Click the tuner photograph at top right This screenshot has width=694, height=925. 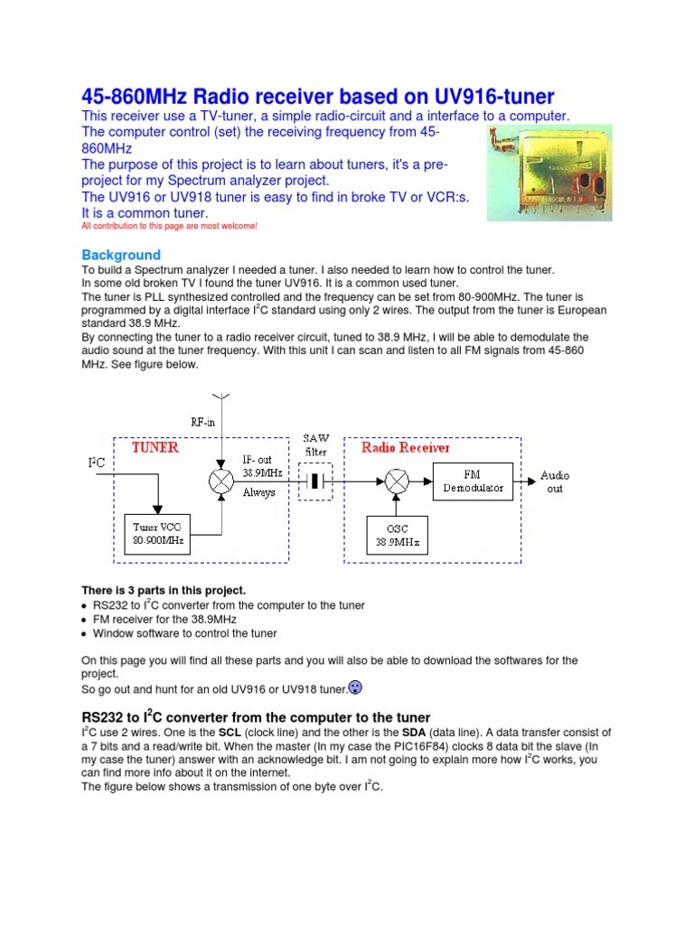tap(548, 172)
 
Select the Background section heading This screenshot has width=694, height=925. tap(121, 255)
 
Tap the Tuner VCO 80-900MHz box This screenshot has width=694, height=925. tap(158, 535)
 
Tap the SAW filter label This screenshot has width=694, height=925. tap(315, 444)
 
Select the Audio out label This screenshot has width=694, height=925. tap(555, 481)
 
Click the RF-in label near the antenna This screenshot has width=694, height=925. tap(202, 421)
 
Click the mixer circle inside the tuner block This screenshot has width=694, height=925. tap(221, 482)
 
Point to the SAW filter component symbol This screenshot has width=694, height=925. tap(315, 482)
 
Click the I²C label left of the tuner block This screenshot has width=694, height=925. tap(96, 462)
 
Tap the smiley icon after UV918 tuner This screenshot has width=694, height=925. tap(356, 688)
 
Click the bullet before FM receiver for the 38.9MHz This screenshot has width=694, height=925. tap(85, 620)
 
